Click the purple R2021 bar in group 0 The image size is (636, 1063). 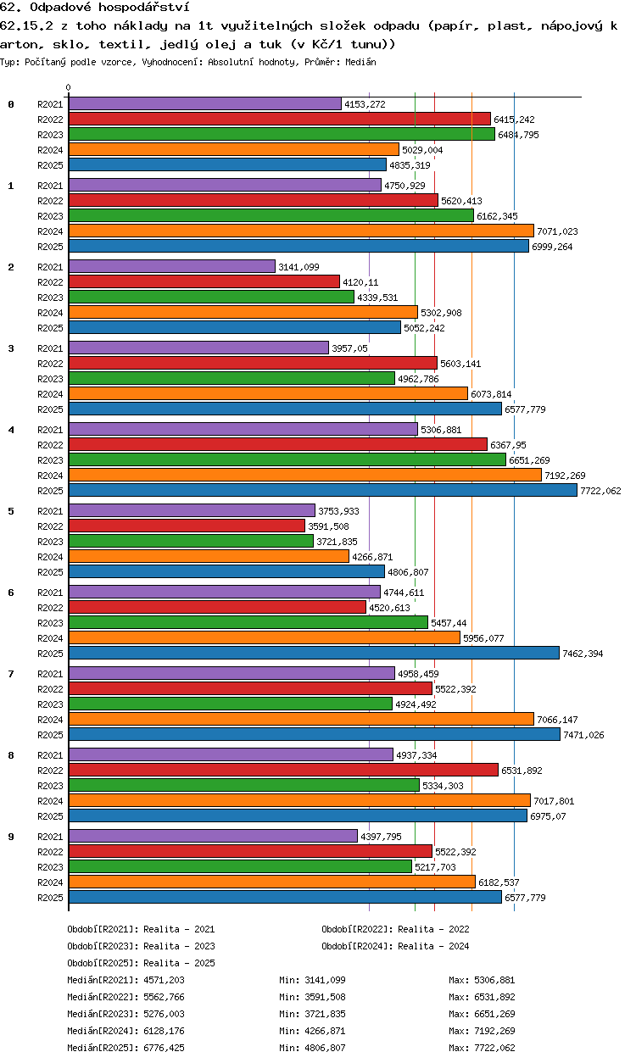pyautogui.click(x=205, y=104)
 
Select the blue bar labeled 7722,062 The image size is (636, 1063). pyautogui.click(x=323, y=490)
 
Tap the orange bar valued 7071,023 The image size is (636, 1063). pyautogui.click(x=301, y=231)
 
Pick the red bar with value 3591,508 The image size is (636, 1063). pyautogui.click(x=187, y=526)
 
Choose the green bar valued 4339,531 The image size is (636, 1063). pyautogui.click(x=211, y=297)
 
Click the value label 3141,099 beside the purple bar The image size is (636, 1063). pyautogui.click(x=298, y=267)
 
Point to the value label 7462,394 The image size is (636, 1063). pyautogui.click(x=583, y=654)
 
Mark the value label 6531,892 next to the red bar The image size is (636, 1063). pyautogui.click(x=522, y=771)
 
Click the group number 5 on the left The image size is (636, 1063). pyautogui.click(x=11, y=511)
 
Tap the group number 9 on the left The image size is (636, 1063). pyautogui.click(x=11, y=837)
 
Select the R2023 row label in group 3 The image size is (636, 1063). pyautogui.click(x=50, y=379)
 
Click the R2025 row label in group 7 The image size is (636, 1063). pyautogui.click(x=50, y=735)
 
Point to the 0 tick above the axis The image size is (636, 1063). pyautogui.click(x=69, y=87)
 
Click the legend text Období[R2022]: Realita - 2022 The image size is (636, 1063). pyautogui.click(x=395, y=929)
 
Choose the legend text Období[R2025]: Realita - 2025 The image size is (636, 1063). pyautogui.click(x=141, y=963)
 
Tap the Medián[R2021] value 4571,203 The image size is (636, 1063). pyautogui.click(x=164, y=980)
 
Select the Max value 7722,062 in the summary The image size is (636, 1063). pyautogui.click(x=494, y=1048)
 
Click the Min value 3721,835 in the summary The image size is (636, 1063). pyautogui.click(x=325, y=1014)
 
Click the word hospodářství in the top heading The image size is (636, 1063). pyautogui.click(x=144, y=7)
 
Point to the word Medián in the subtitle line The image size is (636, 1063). pyautogui.click(x=360, y=62)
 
